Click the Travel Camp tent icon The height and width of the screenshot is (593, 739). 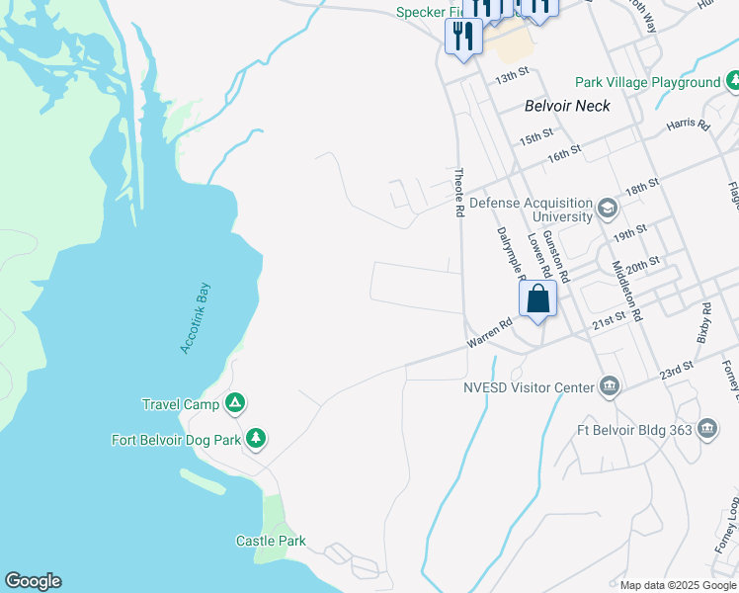[235, 403]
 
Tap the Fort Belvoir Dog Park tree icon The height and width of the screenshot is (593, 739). [256, 438]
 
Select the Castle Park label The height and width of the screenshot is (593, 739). [271, 541]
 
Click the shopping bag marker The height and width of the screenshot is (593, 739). [537, 299]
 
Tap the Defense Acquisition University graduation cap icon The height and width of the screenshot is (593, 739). [607, 211]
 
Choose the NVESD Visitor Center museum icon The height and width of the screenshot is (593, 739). [610, 387]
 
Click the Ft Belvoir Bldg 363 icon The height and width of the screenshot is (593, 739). [707, 429]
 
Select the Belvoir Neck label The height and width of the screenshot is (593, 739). [567, 106]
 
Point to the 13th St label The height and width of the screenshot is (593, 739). [513, 75]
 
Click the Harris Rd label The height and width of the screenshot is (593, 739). [689, 126]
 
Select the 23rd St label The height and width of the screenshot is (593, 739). [677, 372]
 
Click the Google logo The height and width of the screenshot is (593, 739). [33, 581]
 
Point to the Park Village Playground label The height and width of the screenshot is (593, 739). [648, 83]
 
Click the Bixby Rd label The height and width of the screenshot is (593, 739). [703, 323]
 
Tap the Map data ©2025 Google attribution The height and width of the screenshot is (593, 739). [678, 585]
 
